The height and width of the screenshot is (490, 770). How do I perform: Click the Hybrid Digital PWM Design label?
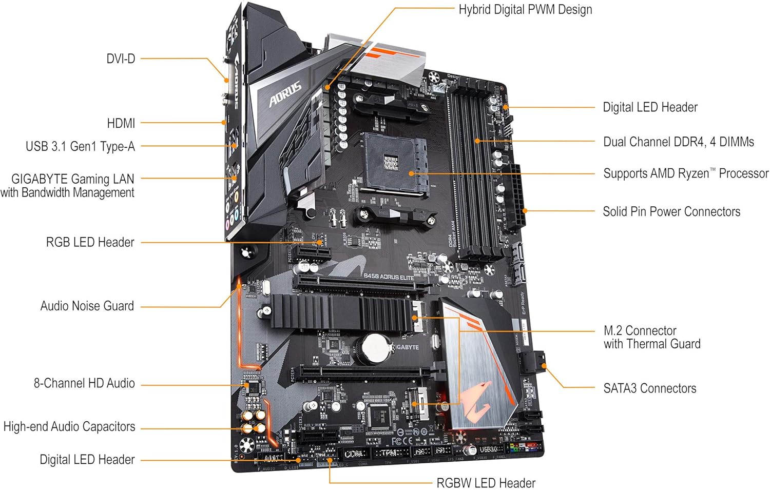pyautogui.click(x=525, y=10)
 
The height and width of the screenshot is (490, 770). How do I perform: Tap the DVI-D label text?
pyautogui.click(x=121, y=59)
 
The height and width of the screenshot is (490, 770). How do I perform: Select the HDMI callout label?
pyautogui.click(x=121, y=124)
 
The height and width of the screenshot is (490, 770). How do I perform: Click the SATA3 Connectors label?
pyautogui.click(x=649, y=388)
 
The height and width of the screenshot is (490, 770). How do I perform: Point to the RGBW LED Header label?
pyautogui.click(x=486, y=483)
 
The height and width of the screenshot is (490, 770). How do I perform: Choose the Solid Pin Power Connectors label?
pyautogui.click(x=671, y=211)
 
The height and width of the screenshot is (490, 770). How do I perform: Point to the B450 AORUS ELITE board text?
pyautogui.click(x=388, y=277)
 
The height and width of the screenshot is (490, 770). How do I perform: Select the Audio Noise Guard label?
pyautogui.click(x=87, y=306)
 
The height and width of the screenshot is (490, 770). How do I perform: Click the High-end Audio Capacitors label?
pyautogui.click(x=69, y=427)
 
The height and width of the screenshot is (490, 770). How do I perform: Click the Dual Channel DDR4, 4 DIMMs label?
pyautogui.click(x=678, y=142)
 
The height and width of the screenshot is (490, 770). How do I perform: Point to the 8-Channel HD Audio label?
pyautogui.click(x=84, y=383)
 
